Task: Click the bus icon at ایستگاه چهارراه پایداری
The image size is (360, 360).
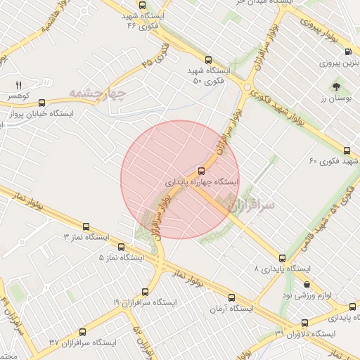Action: click(202, 171)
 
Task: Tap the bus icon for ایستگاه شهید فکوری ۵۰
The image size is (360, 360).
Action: click(208, 60)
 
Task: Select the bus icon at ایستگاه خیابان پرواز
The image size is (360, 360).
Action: click(42, 103)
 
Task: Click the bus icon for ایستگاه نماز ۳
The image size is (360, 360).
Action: click(86, 227)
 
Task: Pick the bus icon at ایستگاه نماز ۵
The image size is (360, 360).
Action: click(121, 247)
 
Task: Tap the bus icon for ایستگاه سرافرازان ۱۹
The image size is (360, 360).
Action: click(146, 291)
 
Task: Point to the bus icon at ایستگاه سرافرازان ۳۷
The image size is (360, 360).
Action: click(84, 332)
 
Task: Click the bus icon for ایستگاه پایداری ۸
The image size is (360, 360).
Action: click(282, 258)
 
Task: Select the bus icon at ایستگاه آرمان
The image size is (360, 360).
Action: click(231, 297)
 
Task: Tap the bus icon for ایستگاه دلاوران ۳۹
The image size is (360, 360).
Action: click(304, 323)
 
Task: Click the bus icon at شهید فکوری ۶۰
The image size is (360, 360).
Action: click(347, 150)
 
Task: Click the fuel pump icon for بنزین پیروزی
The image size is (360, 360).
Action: click(349, 52)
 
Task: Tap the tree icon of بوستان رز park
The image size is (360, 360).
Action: click(337, 87)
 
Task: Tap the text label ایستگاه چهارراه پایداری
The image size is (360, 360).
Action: click(202, 181)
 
